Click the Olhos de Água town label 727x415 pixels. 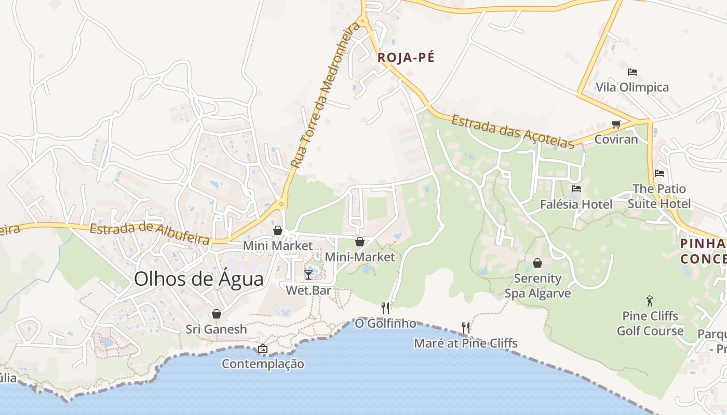(198, 279)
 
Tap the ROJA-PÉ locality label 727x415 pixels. (406, 58)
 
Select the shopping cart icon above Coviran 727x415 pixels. (616, 125)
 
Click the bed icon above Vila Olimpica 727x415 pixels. (632, 72)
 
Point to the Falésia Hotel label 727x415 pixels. (576, 204)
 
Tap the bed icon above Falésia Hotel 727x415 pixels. (576, 189)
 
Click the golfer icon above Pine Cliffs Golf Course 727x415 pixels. (649, 301)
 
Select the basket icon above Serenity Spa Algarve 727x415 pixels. (537, 264)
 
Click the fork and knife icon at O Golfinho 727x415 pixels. (385, 308)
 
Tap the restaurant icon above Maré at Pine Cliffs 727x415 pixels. (466, 328)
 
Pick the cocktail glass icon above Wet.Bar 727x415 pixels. (308, 274)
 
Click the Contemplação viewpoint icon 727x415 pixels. (262, 349)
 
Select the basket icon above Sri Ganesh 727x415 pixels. (216, 314)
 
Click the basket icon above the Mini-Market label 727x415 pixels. (359, 242)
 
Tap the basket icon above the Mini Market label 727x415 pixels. (278, 230)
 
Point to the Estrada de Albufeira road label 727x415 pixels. (150, 234)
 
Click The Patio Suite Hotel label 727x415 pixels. (659, 196)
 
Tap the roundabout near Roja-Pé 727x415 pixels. (362, 22)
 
